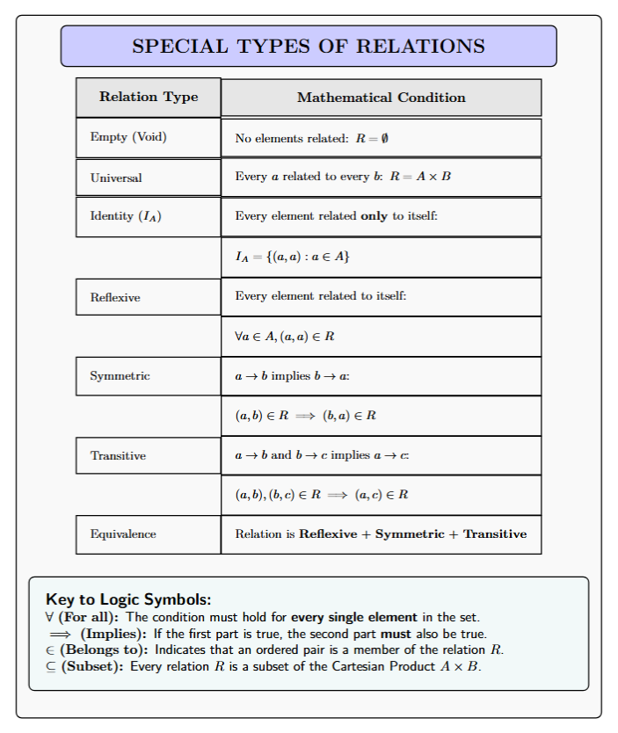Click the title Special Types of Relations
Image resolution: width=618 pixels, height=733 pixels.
coord(308,46)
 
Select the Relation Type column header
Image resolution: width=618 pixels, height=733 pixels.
coord(148,97)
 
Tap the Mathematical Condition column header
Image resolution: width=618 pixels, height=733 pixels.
coord(381,98)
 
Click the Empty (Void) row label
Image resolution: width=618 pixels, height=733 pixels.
coord(128,137)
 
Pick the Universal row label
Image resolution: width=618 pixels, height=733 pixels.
coord(116,178)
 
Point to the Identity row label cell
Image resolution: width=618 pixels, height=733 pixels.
coord(125,216)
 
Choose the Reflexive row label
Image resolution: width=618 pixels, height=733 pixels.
coord(115,297)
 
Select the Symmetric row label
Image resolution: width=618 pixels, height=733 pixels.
coord(120,376)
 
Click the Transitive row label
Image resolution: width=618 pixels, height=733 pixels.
coord(118,455)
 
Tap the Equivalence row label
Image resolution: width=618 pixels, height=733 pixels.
coord(123,534)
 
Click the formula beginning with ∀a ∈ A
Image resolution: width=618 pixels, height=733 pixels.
coord(285,337)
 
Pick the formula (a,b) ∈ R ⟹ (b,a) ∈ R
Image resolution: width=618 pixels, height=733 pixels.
coord(306,416)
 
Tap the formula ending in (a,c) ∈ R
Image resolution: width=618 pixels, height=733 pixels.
coord(322,495)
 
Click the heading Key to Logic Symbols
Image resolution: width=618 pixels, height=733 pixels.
coord(128,600)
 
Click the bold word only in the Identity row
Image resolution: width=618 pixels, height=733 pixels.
coord(374,216)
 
